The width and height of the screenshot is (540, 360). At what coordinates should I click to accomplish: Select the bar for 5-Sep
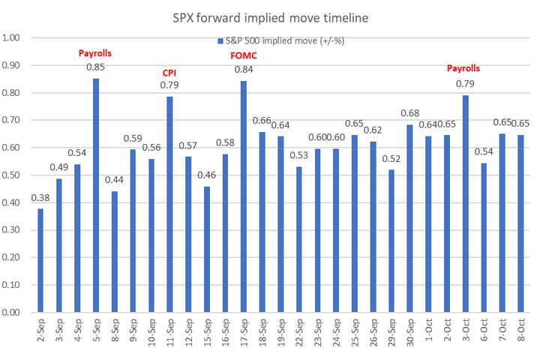click(96, 195)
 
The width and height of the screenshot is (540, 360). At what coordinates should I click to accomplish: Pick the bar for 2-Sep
click(40, 260)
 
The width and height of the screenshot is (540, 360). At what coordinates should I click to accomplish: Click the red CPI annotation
click(170, 73)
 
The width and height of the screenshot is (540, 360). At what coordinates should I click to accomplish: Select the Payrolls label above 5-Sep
click(96, 53)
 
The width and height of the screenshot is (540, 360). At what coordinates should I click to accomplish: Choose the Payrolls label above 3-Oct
click(463, 68)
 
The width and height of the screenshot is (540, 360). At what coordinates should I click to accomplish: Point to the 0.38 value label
click(40, 199)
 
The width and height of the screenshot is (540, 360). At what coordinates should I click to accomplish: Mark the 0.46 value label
click(207, 176)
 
